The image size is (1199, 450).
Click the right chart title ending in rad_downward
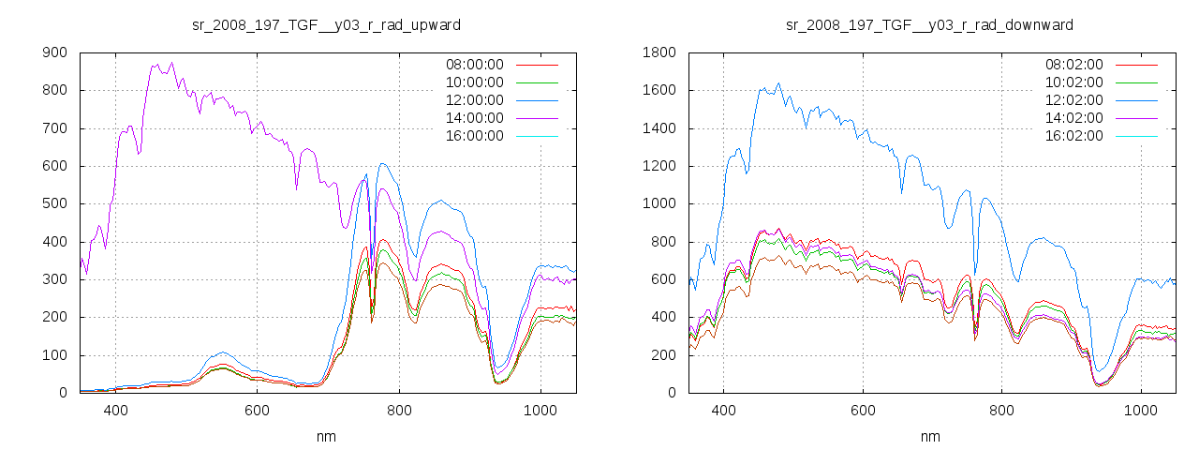[x=929, y=24]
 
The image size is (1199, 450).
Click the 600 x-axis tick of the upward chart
[x=258, y=410]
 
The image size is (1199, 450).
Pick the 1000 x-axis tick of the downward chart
[x=1141, y=410]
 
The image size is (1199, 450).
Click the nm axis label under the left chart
[x=326, y=437]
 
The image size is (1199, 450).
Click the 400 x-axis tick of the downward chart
[x=723, y=410]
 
